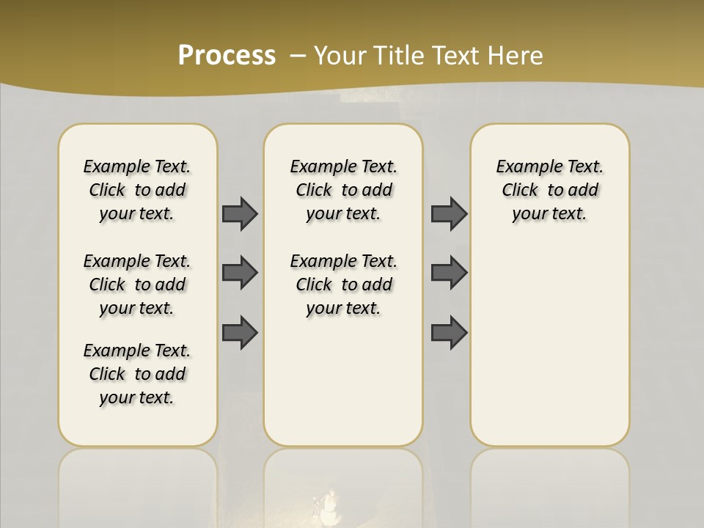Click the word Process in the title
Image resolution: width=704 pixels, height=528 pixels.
point(227,56)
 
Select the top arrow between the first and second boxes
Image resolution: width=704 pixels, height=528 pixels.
point(240,213)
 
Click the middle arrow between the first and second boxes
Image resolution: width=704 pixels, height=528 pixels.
point(240,273)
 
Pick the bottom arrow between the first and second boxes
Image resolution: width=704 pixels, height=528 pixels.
point(240,332)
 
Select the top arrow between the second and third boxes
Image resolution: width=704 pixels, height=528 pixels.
point(449,213)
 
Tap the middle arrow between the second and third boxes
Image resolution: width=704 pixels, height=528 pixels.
point(449,273)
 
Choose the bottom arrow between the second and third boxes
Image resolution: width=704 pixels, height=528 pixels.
point(449,332)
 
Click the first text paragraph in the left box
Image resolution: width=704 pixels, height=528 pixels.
point(137,190)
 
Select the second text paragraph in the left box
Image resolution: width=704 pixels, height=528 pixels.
point(137,285)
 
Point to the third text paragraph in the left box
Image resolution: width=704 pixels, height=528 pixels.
point(137,374)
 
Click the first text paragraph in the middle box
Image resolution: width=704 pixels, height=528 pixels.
point(344,190)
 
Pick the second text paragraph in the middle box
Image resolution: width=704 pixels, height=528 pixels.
point(344,285)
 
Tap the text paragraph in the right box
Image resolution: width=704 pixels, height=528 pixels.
point(550,190)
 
